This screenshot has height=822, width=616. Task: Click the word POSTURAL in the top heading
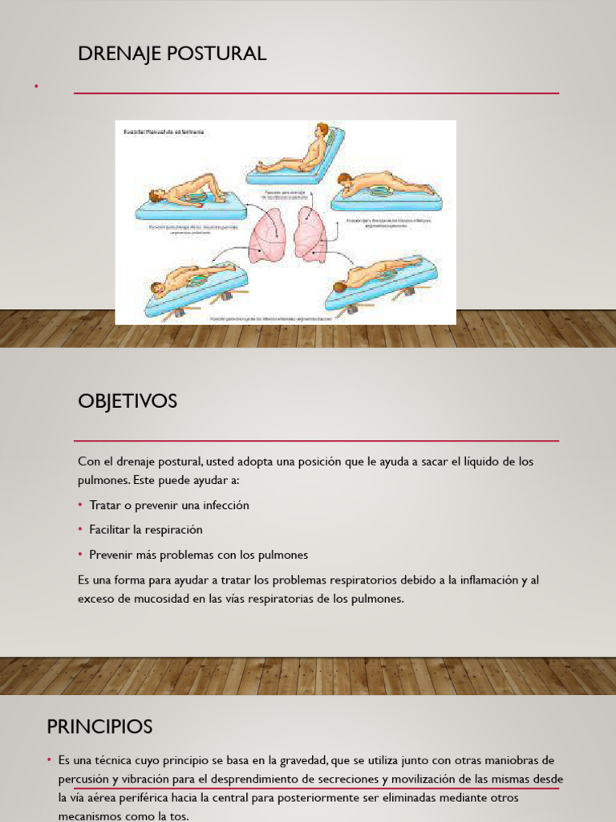pyautogui.click(x=222, y=54)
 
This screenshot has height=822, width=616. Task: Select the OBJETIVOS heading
pyautogui.click(x=128, y=401)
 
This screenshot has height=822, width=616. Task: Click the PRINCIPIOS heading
pyautogui.click(x=99, y=727)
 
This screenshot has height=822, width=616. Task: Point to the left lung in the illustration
pyautogui.click(x=266, y=234)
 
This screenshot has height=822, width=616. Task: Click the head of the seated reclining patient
pyautogui.click(x=322, y=130)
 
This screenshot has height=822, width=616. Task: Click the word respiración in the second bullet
pyautogui.click(x=174, y=530)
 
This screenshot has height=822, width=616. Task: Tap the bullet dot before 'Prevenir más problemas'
pyautogui.click(x=81, y=555)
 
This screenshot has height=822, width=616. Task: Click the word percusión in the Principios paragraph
pyautogui.click(x=84, y=779)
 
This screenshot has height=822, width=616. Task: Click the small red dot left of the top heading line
pyautogui.click(x=36, y=85)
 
